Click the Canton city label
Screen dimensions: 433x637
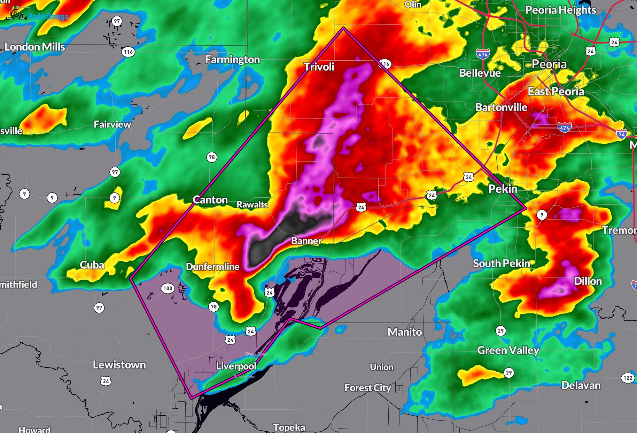coord(210,200)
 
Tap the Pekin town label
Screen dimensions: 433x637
coord(502,189)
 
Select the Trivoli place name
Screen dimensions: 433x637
coord(319,67)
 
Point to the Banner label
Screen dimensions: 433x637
coord(306,241)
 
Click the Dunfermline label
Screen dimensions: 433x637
coord(212,267)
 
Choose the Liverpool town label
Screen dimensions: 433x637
coord(236,366)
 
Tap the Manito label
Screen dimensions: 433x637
coord(405,332)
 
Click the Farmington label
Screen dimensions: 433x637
coord(232,60)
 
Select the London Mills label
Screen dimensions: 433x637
coord(34,47)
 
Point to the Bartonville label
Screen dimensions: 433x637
coord(501,107)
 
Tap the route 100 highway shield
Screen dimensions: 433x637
coord(168,288)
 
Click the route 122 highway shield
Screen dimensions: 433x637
coord(628,378)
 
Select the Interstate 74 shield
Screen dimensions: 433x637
coord(621,134)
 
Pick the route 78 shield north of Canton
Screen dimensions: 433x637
coord(211,157)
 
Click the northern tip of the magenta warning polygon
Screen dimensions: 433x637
coord(343,28)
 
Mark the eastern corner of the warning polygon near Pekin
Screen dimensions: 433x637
coord(525,208)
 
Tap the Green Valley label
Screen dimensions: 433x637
coord(508,350)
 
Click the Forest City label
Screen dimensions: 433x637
coord(367,388)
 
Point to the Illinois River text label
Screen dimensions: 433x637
coord(255,354)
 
